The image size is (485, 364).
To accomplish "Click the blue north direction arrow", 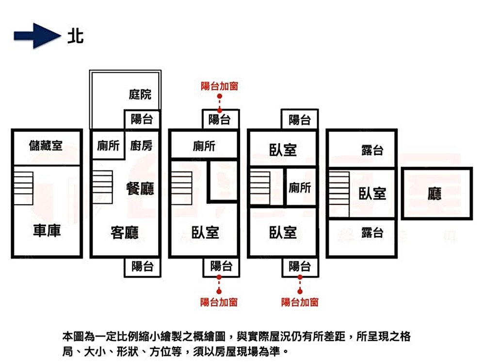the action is click(x=37, y=35).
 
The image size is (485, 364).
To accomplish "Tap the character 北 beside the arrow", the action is click(x=76, y=36).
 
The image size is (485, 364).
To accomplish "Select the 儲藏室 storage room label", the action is click(x=46, y=146).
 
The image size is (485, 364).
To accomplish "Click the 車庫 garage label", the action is click(x=47, y=231).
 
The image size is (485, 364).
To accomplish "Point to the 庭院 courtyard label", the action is click(x=140, y=95).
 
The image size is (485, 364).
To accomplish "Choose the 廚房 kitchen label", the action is click(x=141, y=145).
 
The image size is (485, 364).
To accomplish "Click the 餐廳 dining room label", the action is click(x=140, y=188).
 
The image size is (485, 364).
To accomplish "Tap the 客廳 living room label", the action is click(x=125, y=233).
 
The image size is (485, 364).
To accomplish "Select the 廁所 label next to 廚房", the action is click(x=108, y=146).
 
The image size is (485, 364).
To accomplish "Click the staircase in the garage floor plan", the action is click(x=23, y=188).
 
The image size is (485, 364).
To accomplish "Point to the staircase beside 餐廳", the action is click(x=102, y=187).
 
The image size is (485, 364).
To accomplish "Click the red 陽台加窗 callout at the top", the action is click(x=219, y=86).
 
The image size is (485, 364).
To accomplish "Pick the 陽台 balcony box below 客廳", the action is click(x=142, y=266).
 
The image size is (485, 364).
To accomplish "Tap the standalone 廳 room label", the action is click(x=434, y=194).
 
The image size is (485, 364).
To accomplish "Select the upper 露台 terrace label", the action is click(x=372, y=150).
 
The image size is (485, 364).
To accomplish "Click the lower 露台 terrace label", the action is click(x=372, y=233).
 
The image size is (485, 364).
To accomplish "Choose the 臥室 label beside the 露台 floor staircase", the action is click(x=372, y=194).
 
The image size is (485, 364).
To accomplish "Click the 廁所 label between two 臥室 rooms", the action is click(x=300, y=187).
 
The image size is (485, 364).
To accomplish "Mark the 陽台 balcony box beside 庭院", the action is click(x=142, y=119).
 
